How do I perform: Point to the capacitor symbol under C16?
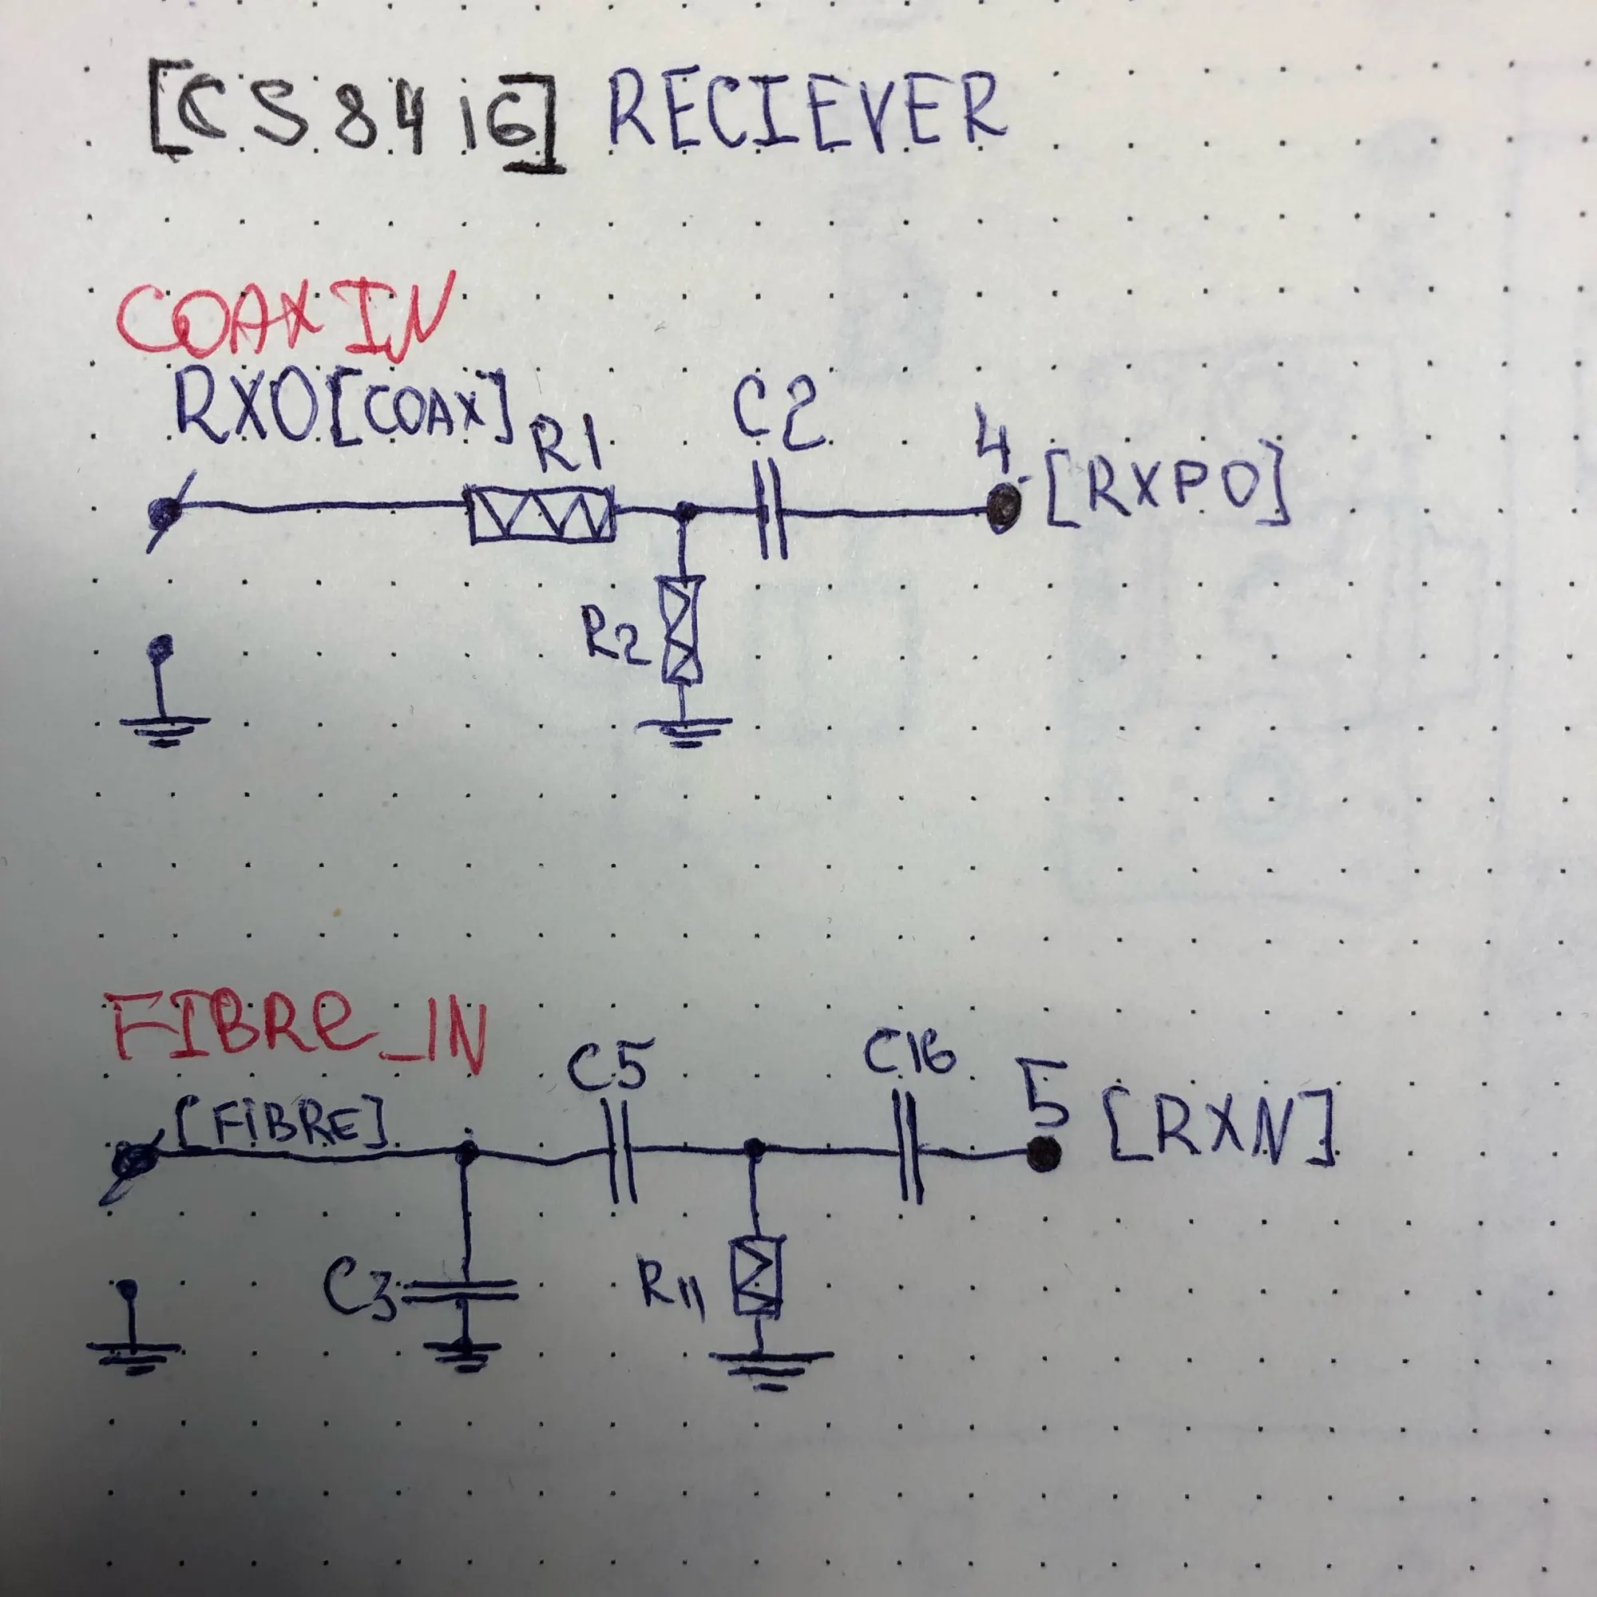(x=909, y=1149)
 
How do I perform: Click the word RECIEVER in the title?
(x=806, y=112)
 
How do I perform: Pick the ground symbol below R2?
(x=684, y=731)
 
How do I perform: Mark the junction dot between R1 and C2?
(x=684, y=513)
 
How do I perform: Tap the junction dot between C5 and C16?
(x=753, y=1147)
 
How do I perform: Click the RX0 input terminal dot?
(x=163, y=512)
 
